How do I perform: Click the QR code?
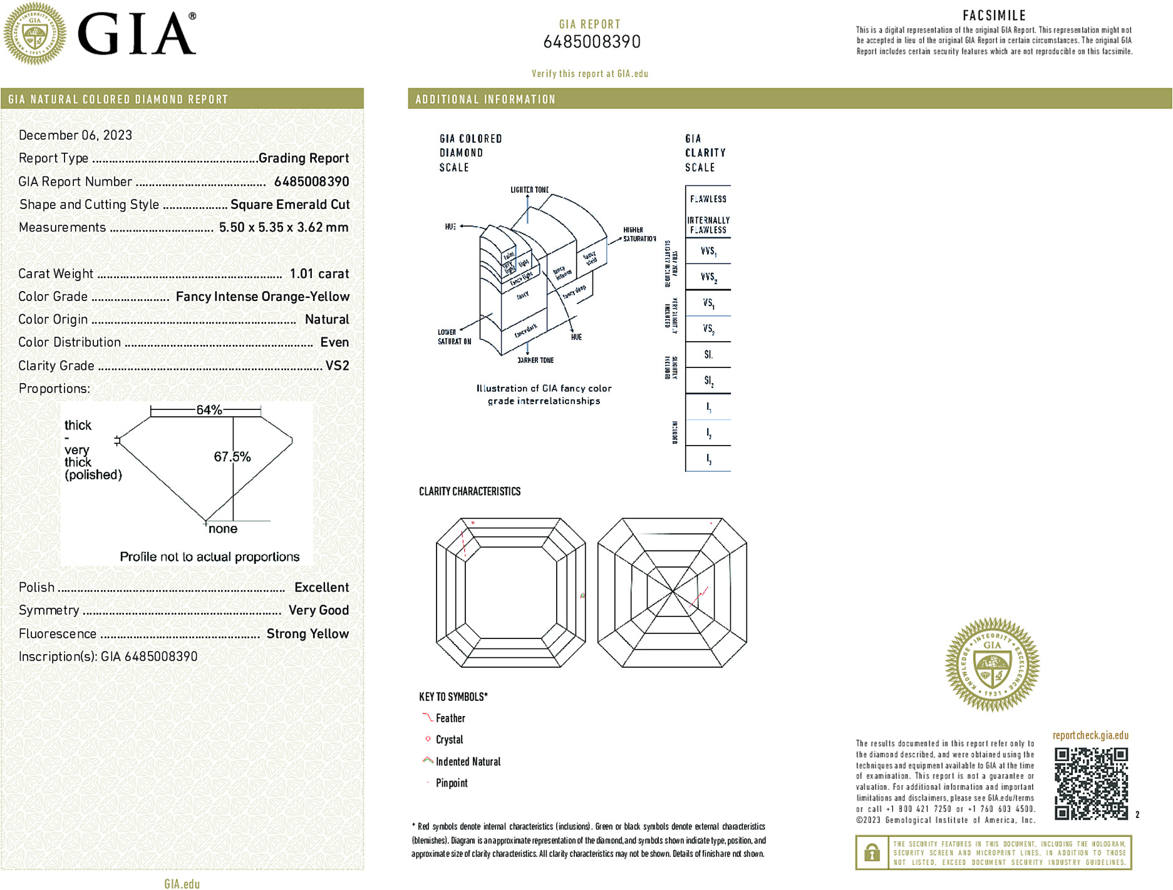click(1091, 783)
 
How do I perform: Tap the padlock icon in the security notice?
click(872, 852)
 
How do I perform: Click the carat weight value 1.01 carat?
click(319, 274)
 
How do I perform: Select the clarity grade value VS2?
click(337, 366)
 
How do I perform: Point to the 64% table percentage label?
click(209, 410)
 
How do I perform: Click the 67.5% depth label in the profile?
click(232, 457)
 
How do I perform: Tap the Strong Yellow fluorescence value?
click(307, 633)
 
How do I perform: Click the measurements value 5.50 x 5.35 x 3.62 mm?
click(284, 227)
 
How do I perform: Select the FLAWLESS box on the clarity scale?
click(708, 199)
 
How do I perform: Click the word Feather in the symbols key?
click(450, 719)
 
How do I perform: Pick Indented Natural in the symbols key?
click(468, 762)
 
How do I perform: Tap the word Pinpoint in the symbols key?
click(452, 783)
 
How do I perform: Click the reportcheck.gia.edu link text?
click(1090, 735)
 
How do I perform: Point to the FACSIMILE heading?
click(994, 16)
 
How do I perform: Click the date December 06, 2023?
click(75, 135)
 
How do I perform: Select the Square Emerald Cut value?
click(290, 205)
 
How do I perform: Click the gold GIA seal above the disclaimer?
click(992, 665)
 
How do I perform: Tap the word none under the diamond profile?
click(223, 529)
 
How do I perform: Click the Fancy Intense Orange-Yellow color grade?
click(262, 297)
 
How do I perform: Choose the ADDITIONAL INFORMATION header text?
click(485, 100)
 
